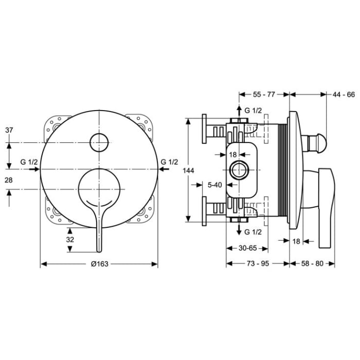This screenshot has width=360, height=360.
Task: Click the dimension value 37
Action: click(9, 131)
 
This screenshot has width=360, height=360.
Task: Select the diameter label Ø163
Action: click(99, 263)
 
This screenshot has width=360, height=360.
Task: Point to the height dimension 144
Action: click(191, 170)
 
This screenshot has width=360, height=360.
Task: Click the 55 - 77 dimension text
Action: click(264, 95)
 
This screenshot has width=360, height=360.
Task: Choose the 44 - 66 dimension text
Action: click(344, 95)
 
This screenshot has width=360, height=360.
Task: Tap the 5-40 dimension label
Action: click(214, 184)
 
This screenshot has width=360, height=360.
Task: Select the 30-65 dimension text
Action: click(247, 247)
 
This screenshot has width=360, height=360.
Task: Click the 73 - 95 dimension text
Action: click(257, 263)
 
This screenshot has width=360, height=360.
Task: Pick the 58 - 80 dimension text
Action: click(312, 263)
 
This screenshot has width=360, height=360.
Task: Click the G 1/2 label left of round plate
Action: click(29, 162)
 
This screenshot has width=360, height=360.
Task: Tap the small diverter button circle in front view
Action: click(99, 142)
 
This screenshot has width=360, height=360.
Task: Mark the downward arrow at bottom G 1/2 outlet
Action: click(238, 230)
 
